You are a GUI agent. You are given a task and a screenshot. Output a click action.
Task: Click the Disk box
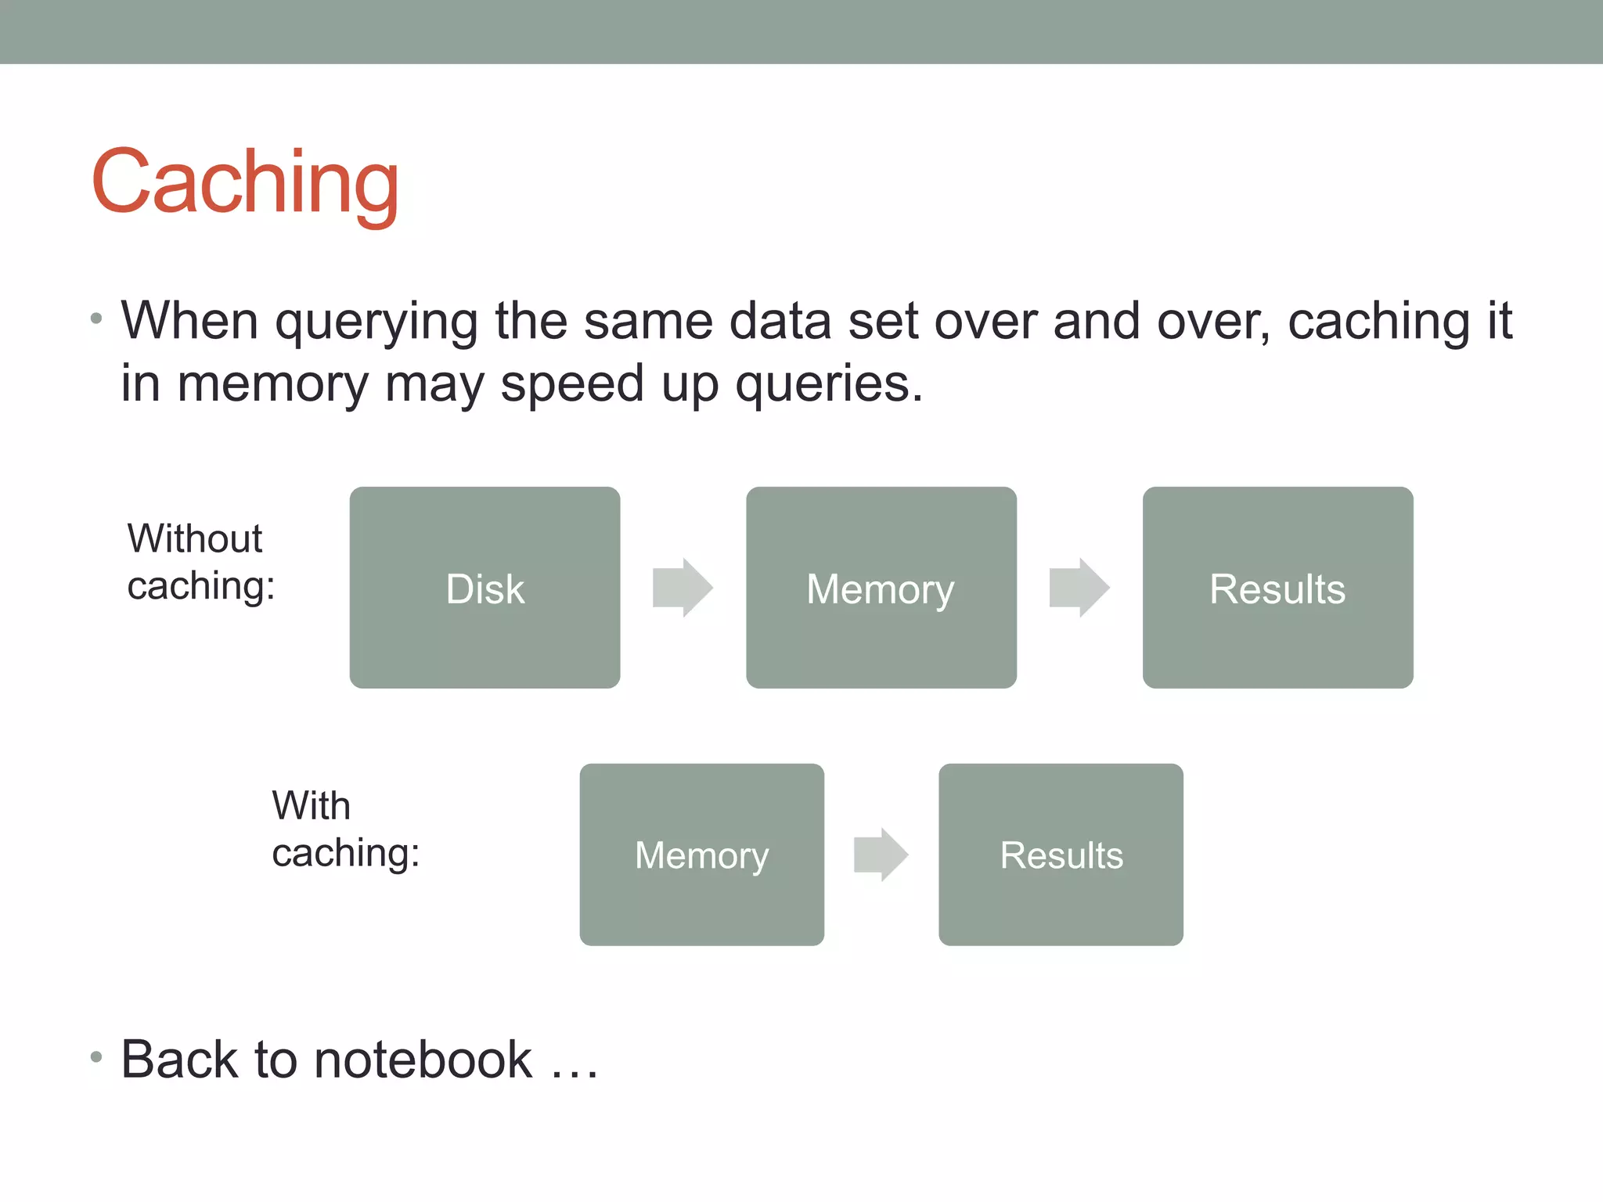click(x=485, y=588)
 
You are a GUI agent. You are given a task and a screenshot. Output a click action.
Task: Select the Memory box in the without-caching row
click(x=881, y=588)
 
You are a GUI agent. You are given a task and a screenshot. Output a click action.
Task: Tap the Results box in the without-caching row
click(x=1277, y=588)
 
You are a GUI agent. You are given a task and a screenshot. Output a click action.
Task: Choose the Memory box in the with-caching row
click(x=701, y=855)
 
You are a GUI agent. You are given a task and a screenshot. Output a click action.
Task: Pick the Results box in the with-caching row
click(x=1061, y=855)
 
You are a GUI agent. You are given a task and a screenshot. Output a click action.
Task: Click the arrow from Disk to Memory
click(x=683, y=588)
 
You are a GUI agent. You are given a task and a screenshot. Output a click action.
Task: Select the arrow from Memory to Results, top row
click(x=1079, y=588)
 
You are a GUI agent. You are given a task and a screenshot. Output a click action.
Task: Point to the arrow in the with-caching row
click(x=881, y=855)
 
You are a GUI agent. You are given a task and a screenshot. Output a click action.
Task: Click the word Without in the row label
click(x=195, y=538)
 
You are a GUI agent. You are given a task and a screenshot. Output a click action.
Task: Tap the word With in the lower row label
click(x=311, y=805)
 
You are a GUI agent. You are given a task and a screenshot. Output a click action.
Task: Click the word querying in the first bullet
click(x=376, y=322)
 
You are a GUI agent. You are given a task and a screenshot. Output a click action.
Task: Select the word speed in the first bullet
click(x=571, y=384)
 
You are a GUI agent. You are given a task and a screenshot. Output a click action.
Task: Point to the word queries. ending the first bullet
click(x=829, y=384)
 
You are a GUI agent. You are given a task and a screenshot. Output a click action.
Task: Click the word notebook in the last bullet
click(x=423, y=1060)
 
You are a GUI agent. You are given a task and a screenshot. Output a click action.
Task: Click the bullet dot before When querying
click(x=96, y=318)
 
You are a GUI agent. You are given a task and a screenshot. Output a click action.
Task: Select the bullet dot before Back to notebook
click(x=96, y=1057)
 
